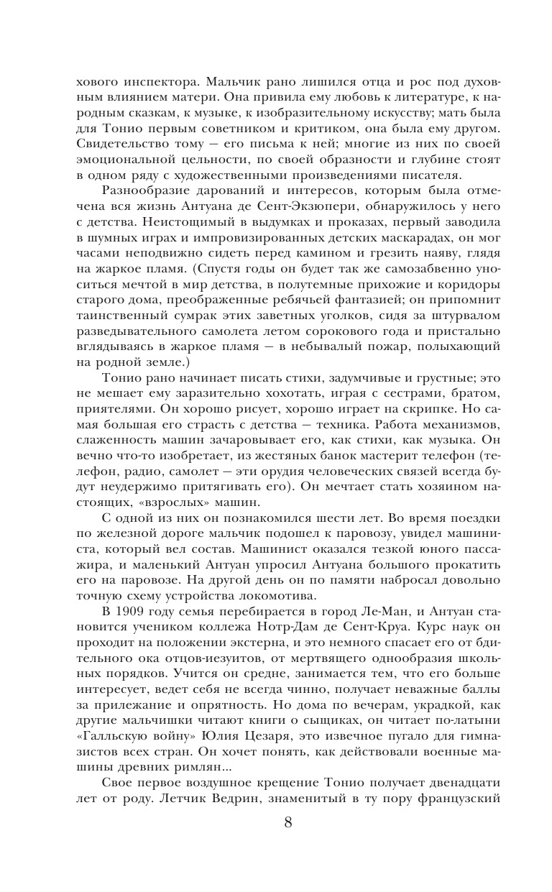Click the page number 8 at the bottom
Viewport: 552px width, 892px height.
click(x=288, y=842)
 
